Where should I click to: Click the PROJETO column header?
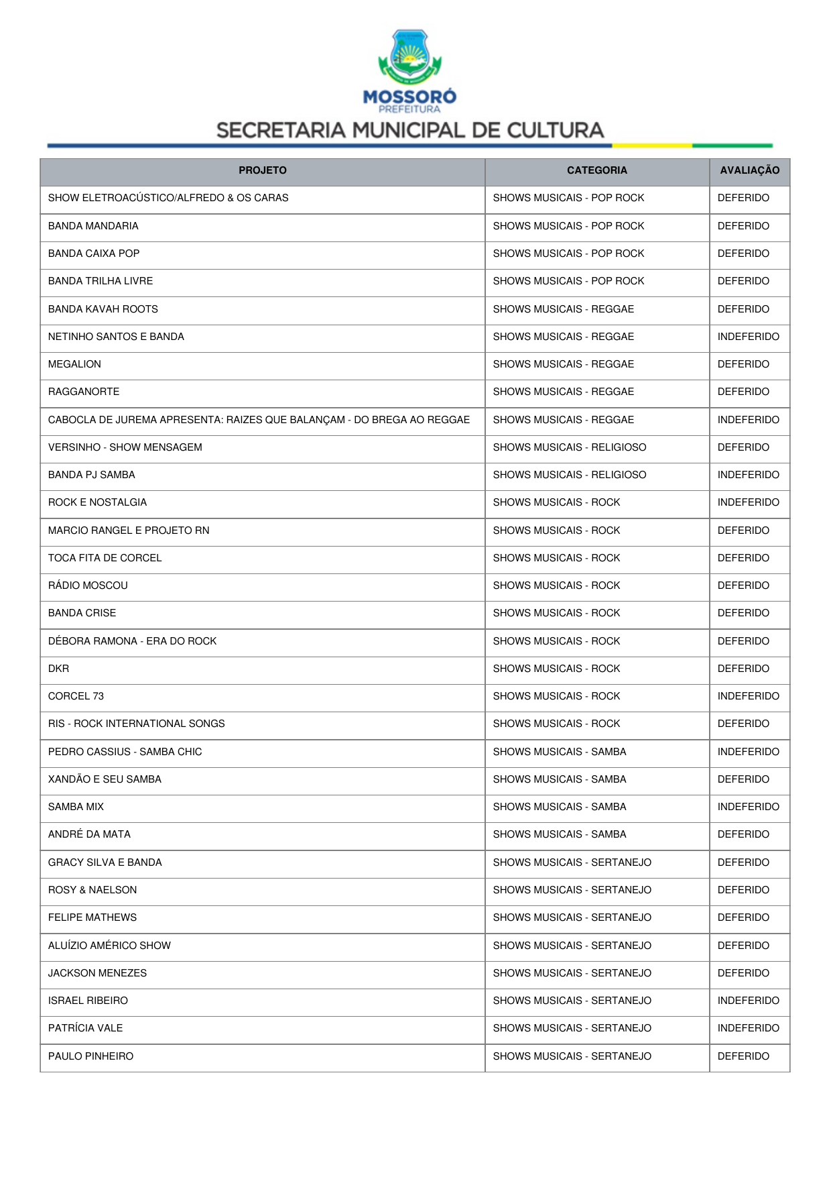tap(262, 170)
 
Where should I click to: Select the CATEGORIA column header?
tap(596, 170)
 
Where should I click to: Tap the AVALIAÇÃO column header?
tap(749, 170)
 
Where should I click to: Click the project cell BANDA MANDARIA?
tap(93, 226)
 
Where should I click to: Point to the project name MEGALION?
tap(74, 364)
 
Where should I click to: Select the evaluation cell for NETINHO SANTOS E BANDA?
tap(748, 337)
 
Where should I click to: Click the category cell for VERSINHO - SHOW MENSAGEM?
tap(570, 447)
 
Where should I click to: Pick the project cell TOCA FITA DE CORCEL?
tap(105, 558)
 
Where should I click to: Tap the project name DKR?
tap(58, 669)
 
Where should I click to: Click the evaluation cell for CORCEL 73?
tap(748, 696)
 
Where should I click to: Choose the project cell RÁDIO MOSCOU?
tap(88, 585)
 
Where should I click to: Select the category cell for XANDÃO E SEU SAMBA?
tap(560, 779)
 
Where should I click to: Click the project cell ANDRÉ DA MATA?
tap(89, 834)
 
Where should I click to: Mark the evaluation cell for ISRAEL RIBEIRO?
tap(748, 1001)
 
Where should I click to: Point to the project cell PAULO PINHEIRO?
tap(90, 1056)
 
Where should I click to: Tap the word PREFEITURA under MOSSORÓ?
tap(409, 109)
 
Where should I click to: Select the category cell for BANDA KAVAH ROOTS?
tap(563, 309)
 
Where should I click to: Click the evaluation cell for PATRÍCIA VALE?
tap(748, 1028)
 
